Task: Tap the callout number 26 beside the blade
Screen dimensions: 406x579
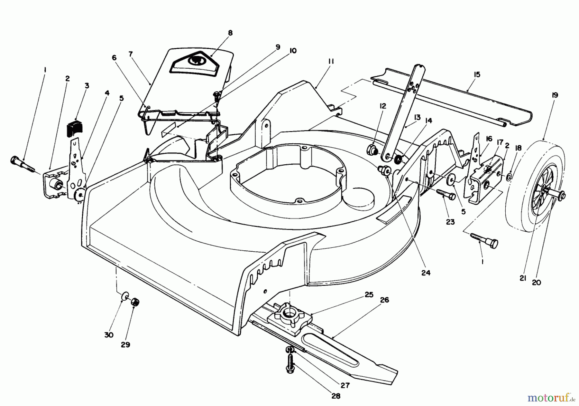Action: pos(384,300)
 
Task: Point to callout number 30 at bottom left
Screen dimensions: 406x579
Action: pos(109,335)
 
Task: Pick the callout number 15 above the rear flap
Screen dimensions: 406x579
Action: pos(477,75)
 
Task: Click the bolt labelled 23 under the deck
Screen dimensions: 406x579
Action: pos(445,195)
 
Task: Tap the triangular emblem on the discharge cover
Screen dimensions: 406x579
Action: pos(195,62)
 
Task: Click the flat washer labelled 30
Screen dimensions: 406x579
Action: pos(125,296)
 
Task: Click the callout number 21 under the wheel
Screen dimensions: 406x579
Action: pos(523,278)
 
